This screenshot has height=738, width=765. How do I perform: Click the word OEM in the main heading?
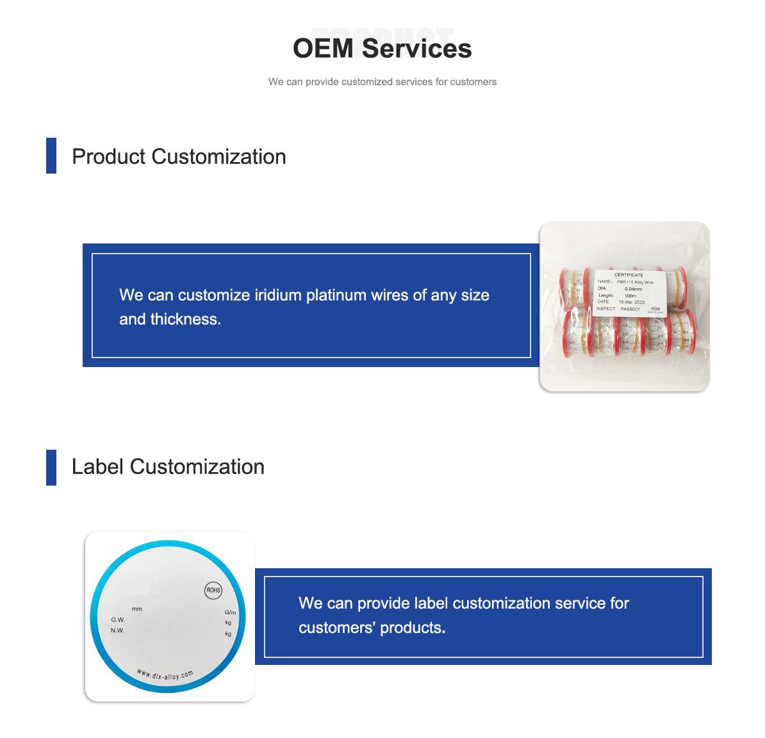tap(323, 49)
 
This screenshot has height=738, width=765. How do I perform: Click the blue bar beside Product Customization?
tap(51, 156)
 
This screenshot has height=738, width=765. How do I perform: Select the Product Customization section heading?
tap(179, 157)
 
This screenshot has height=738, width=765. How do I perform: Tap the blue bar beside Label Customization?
tap(51, 468)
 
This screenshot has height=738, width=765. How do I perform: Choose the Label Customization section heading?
tap(168, 467)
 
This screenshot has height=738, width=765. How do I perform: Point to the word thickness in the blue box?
tap(185, 319)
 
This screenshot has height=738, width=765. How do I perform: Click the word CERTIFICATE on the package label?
tap(629, 275)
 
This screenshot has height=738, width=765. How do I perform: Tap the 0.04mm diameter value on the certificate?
tap(633, 289)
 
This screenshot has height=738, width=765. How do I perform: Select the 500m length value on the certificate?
tap(630, 296)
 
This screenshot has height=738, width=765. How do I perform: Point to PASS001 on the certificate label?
tap(630, 309)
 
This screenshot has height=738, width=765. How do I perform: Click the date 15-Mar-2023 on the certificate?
tap(631, 302)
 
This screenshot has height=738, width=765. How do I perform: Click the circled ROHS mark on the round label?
tap(213, 590)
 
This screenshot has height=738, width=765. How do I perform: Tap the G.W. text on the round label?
tap(118, 619)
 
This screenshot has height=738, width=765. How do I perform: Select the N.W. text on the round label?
tap(117, 630)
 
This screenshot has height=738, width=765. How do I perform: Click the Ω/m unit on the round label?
tap(230, 612)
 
